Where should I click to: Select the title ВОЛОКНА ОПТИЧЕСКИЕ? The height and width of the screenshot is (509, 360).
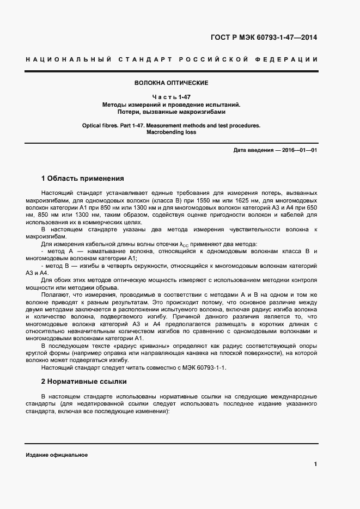(x=171, y=83)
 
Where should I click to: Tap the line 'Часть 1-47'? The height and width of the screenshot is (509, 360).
(x=171, y=97)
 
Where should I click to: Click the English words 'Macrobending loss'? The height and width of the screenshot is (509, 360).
(x=171, y=132)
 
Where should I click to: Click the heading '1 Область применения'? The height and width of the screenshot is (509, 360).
(x=83, y=178)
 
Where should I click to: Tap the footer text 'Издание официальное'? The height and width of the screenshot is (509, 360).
(x=56, y=455)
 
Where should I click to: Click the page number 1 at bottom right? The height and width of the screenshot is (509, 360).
(x=315, y=464)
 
